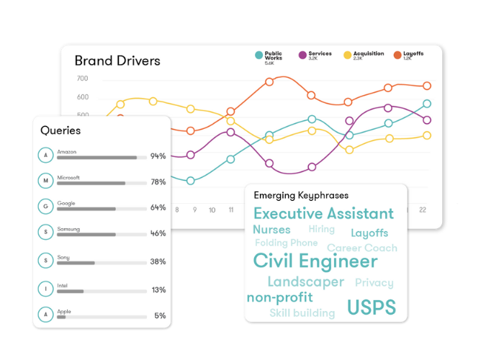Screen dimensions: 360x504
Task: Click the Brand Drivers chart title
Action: click(117, 61)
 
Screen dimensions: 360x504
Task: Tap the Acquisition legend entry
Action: click(368, 54)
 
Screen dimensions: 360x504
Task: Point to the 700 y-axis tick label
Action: click(82, 78)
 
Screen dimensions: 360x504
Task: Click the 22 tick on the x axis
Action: click(423, 210)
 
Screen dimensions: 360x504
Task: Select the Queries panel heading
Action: click(60, 130)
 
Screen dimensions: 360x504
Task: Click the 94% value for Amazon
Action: click(158, 156)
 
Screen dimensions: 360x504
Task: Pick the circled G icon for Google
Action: click(46, 207)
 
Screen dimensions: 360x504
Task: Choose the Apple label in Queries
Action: click(64, 311)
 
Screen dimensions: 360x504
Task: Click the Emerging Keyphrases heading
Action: click(300, 195)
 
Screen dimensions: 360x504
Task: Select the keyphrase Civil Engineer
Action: click(315, 261)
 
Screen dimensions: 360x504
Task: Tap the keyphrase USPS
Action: click(371, 307)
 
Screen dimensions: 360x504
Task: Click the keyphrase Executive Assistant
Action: click(323, 214)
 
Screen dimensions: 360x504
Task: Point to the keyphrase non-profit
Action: click(279, 297)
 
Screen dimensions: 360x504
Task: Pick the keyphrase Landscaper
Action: click(305, 282)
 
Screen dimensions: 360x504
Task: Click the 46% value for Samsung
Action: click(158, 234)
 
